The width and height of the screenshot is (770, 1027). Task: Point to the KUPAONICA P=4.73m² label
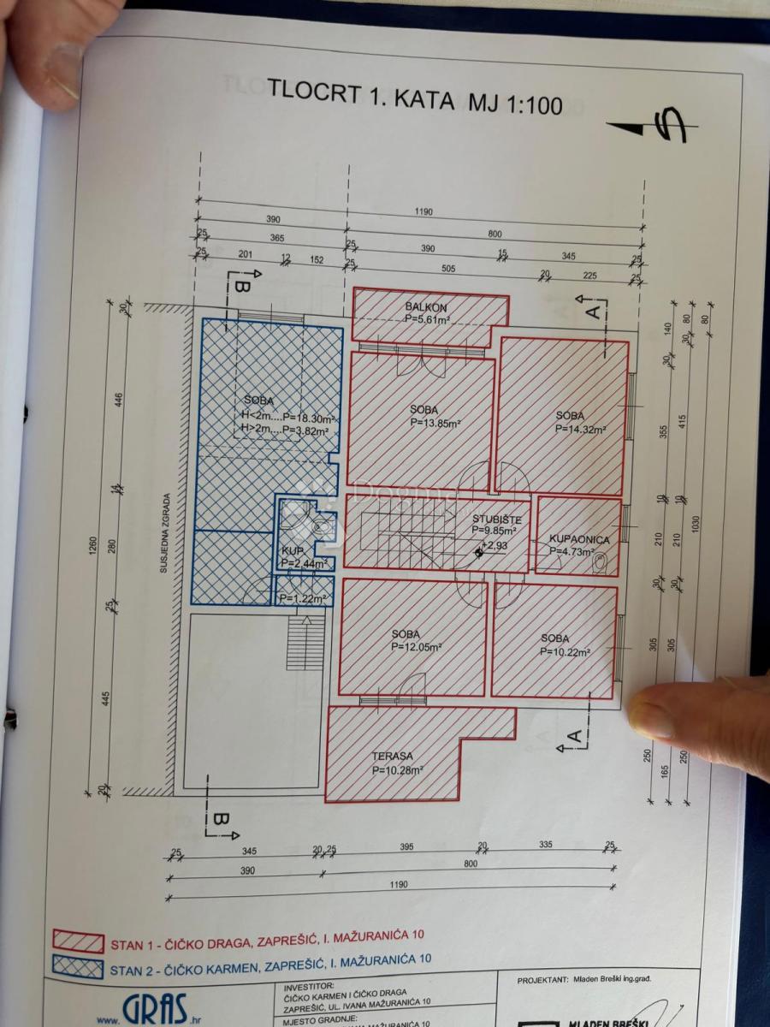(x=579, y=546)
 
